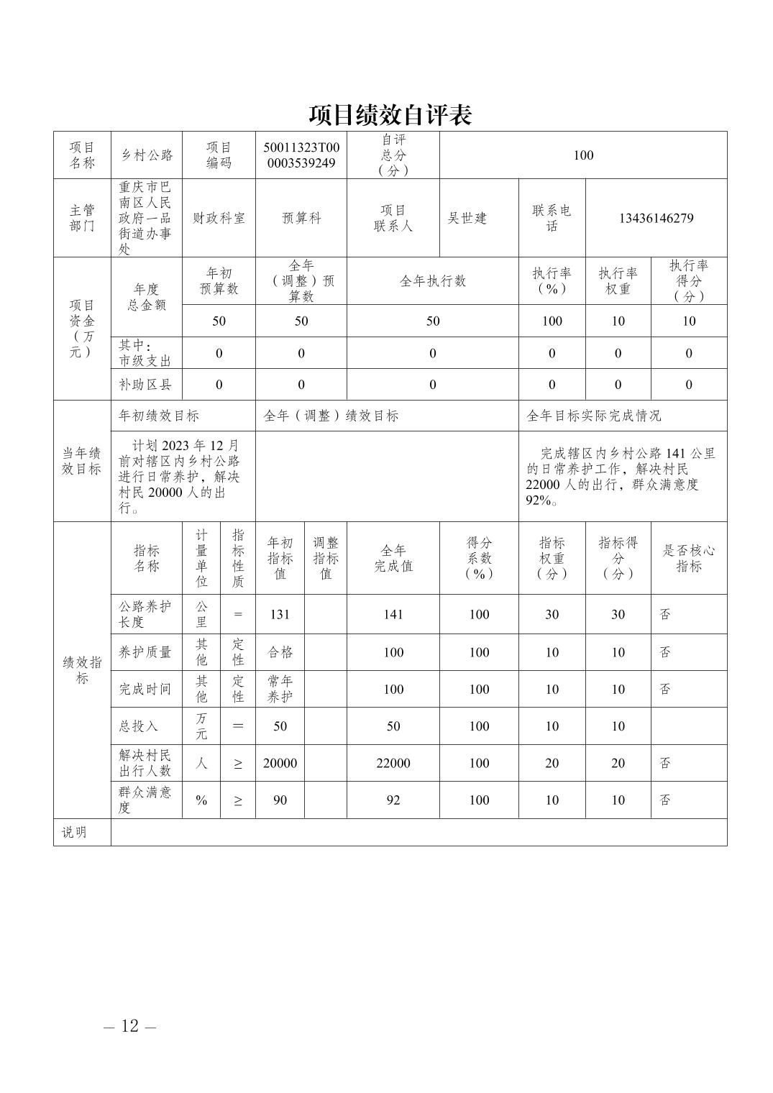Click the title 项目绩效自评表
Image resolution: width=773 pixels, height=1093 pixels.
coord(390,115)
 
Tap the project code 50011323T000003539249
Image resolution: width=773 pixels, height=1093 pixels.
coord(301,155)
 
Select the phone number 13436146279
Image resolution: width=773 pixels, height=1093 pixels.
coord(656,218)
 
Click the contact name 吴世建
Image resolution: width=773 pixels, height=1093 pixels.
coord(467,218)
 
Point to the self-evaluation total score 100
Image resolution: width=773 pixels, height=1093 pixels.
coord(583,155)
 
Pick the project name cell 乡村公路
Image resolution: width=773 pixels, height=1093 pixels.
coord(147,155)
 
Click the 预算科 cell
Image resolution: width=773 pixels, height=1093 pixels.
coord(301,218)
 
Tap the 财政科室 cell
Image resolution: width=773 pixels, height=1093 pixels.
coord(219,218)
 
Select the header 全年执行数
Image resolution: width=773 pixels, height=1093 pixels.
coord(432,280)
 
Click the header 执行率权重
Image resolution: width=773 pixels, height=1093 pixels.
coord(618,280)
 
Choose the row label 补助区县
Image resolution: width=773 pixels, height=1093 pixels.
coord(145,385)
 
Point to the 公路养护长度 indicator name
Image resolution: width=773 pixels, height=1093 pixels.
coord(145,614)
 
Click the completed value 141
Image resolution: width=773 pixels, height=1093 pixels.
coord(393,614)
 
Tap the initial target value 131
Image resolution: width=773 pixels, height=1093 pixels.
coord(280,614)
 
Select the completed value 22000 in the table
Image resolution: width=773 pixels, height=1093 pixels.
coord(393,763)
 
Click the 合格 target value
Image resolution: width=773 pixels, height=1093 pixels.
coord(280,652)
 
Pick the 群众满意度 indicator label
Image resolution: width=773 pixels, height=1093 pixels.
coord(145,800)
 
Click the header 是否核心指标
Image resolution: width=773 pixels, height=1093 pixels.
coord(688,558)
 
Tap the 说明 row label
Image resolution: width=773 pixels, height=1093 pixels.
coord(74,832)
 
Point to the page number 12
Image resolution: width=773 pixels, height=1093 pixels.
coord(129,1025)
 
